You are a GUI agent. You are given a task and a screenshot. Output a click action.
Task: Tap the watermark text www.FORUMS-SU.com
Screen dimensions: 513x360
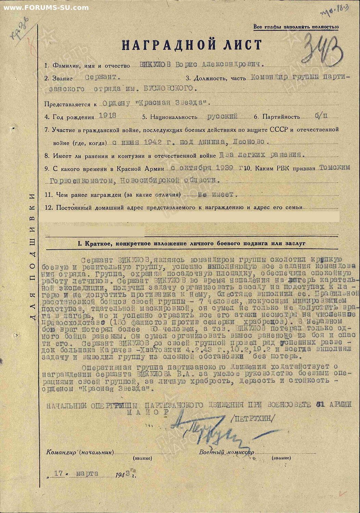[46, 7]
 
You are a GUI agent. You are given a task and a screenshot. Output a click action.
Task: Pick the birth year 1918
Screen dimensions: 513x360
[107, 116]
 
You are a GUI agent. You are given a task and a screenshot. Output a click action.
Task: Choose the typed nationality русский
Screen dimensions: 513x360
[222, 116]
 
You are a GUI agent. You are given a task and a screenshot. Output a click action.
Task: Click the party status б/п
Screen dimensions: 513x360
[321, 116]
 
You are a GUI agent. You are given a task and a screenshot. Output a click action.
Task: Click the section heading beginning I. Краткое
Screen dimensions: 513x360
[191, 244]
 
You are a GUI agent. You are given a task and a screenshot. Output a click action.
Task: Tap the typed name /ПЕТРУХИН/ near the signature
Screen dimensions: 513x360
[253, 418]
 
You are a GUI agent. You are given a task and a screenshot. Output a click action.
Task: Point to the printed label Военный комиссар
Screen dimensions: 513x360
[227, 452]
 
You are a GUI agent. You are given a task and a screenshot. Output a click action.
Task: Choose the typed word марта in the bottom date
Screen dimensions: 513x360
[87, 474]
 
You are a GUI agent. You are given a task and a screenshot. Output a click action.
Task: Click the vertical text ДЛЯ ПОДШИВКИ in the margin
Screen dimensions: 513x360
[32, 256]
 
